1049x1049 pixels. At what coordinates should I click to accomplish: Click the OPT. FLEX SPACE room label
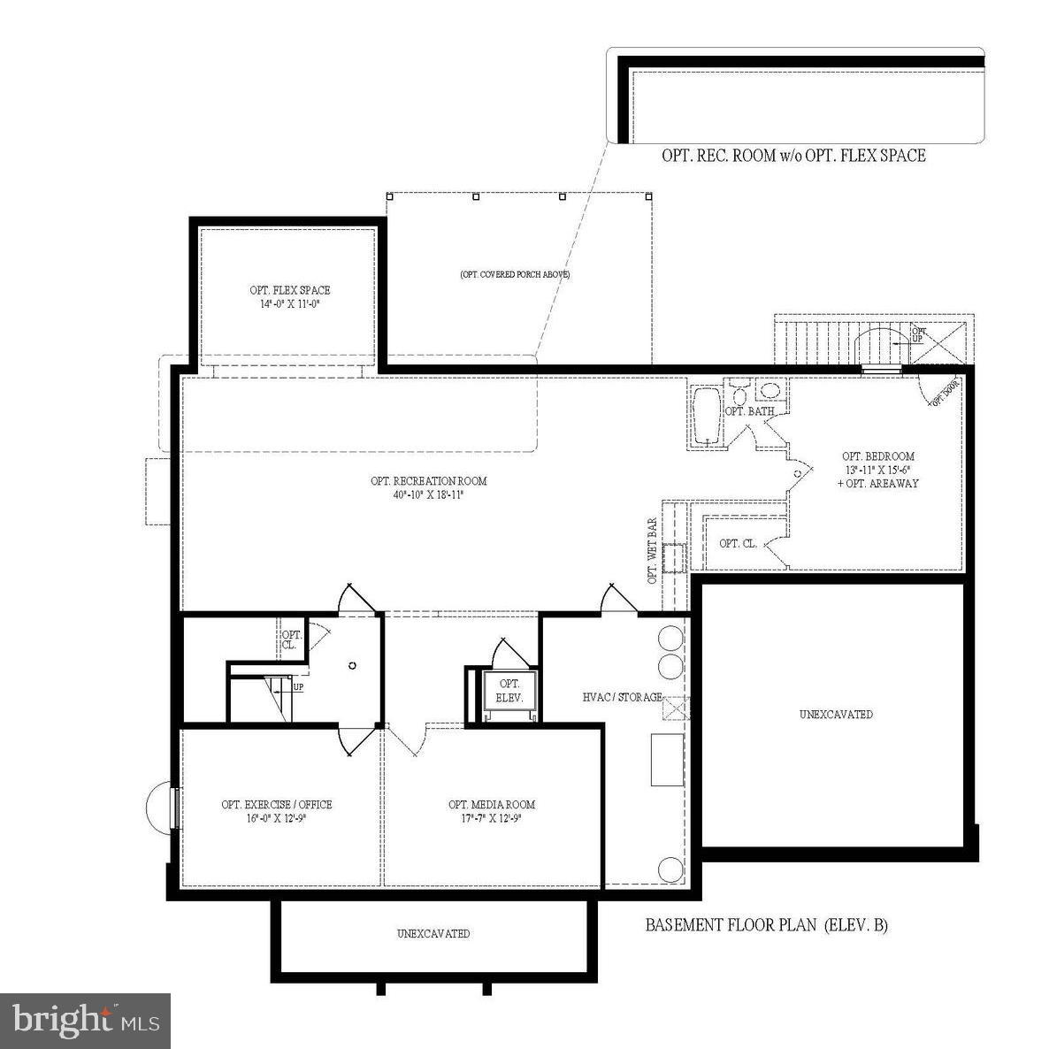[x=289, y=290]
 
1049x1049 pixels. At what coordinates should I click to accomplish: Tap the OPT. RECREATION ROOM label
[x=429, y=481]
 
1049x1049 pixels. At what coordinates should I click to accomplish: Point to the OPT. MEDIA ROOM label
[x=492, y=804]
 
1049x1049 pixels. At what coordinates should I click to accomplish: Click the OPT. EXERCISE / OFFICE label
[x=277, y=804]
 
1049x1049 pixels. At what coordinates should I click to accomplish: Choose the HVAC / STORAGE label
[x=622, y=697]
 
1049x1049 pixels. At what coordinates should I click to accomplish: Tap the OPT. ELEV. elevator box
[x=509, y=690]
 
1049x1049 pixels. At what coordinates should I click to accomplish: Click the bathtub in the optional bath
[x=706, y=415]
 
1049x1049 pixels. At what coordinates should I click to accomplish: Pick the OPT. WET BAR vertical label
[x=653, y=551]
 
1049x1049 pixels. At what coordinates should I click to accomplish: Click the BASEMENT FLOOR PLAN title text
[x=766, y=926]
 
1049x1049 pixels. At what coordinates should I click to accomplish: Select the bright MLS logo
[x=86, y=1022]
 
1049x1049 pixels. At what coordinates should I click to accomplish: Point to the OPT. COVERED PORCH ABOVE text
[x=514, y=274]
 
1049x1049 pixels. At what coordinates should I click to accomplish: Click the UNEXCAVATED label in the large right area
[x=836, y=714]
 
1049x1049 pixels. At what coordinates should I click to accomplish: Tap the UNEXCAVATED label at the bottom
[x=433, y=933]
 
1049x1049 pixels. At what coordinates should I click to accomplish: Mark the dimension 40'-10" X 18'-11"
[x=429, y=494]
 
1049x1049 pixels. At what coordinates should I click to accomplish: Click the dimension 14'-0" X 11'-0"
[x=289, y=302]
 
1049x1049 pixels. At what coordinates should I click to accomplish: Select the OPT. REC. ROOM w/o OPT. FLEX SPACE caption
[x=793, y=156]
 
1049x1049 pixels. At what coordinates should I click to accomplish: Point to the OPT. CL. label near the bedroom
[x=738, y=543]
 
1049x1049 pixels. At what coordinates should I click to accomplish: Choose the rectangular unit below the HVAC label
[x=668, y=759]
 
